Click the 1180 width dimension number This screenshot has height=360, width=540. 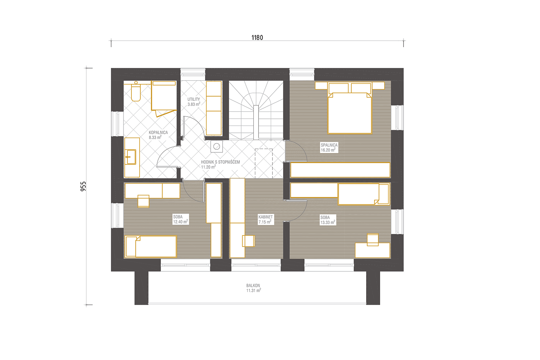click(257, 37)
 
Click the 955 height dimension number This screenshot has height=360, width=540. click(83, 186)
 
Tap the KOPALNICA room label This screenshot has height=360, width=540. click(158, 132)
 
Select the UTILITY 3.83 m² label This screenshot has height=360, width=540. click(194, 102)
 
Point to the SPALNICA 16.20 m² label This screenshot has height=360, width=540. click(329, 148)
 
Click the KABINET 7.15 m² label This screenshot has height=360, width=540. click(265, 220)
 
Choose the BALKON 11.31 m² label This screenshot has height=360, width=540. click(253, 288)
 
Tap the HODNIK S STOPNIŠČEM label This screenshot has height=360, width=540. click(220, 162)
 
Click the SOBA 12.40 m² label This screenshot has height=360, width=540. click(180, 219)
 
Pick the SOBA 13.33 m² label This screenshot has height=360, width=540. click(328, 220)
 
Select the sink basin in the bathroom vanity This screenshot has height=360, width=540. click(131, 157)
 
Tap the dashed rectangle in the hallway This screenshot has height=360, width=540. click(264, 163)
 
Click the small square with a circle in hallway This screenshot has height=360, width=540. click(216, 147)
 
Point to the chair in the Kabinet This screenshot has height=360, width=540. click(248, 241)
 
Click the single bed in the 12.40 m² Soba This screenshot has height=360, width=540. click(151, 247)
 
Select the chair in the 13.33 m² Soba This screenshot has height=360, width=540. click(373, 240)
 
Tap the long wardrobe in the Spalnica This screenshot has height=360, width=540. click(340, 170)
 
